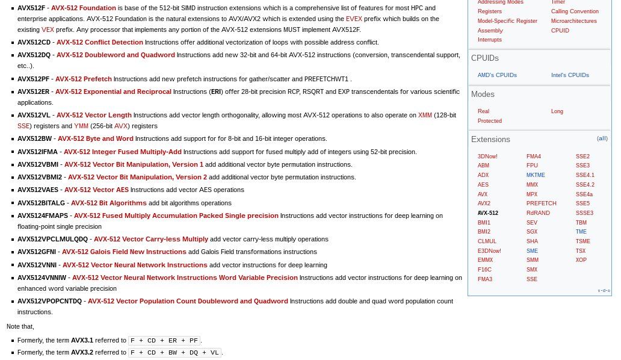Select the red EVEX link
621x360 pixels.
click(x=354, y=19)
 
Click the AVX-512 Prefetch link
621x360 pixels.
click(x=83, y=79)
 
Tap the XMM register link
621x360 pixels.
click(x=425, y=115)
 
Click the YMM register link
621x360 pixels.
click(x=81, y=126)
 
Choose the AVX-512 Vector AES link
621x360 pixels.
click(x=96, y=190)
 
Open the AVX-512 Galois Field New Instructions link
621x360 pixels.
click(x=124, y=252)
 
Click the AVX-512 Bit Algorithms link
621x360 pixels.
click(x=108, y=203)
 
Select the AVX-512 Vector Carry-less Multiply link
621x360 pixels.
click(x=151, y=239)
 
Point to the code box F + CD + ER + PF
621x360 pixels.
click(x=164, y=341)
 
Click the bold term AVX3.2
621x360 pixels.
click(x=82, y=352)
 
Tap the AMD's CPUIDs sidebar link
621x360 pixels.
click(x=497, y=75)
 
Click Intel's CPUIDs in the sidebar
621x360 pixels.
click(x=570, y=75)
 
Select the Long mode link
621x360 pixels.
click(x=557, y=111)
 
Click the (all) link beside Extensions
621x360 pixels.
click(x=602, y=138)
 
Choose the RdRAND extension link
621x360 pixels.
click(x=538, y=213)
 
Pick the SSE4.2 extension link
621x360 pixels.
click(x=585, y=185)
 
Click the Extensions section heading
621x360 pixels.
click(x=490, y=140)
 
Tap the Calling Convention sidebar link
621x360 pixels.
click(x=575, y=11)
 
